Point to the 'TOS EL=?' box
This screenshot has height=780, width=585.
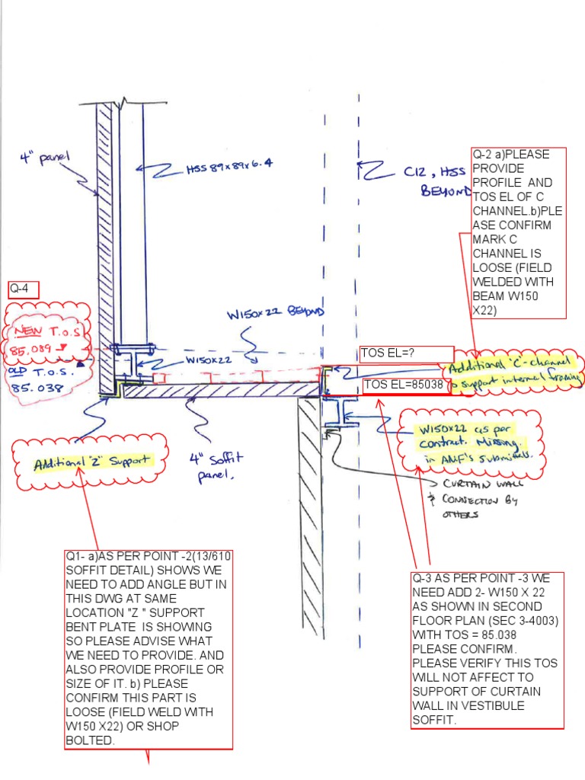point(391,353)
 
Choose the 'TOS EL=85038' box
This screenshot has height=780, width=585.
point(404,385)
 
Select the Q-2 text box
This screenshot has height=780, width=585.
point(519,232)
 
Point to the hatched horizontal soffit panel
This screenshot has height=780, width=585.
point(221,391)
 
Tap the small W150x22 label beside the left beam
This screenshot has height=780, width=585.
point(206,360)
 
